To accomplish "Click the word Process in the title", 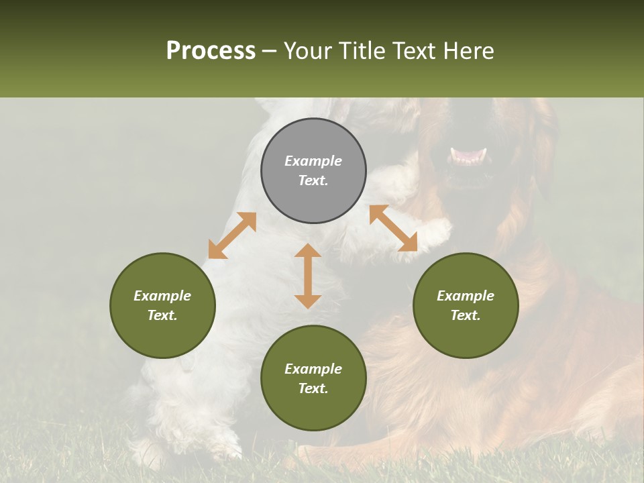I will (211, 51).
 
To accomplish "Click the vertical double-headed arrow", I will (308, 276).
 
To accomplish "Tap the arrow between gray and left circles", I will (232, 235).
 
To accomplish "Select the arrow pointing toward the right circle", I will (393, 229).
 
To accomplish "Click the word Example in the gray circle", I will (313, 161).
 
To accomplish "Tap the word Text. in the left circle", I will (162, 315).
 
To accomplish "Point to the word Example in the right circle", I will (466, 296).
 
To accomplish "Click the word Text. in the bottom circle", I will (313, 388).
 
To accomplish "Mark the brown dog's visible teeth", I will (468, 157).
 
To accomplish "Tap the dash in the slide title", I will (269, 51).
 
